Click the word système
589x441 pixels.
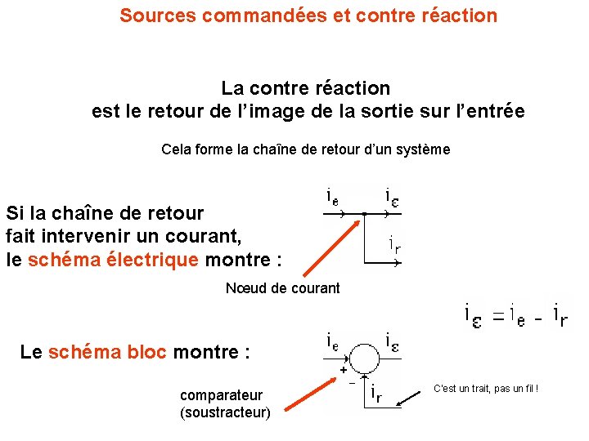click(422, 149)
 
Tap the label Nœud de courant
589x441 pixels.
click(282, 287)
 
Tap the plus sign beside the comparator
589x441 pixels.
click(343, 369)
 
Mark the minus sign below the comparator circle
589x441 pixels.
click(353, 381)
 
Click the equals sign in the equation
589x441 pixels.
click(492, 312)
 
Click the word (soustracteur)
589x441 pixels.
click(225, 412)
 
